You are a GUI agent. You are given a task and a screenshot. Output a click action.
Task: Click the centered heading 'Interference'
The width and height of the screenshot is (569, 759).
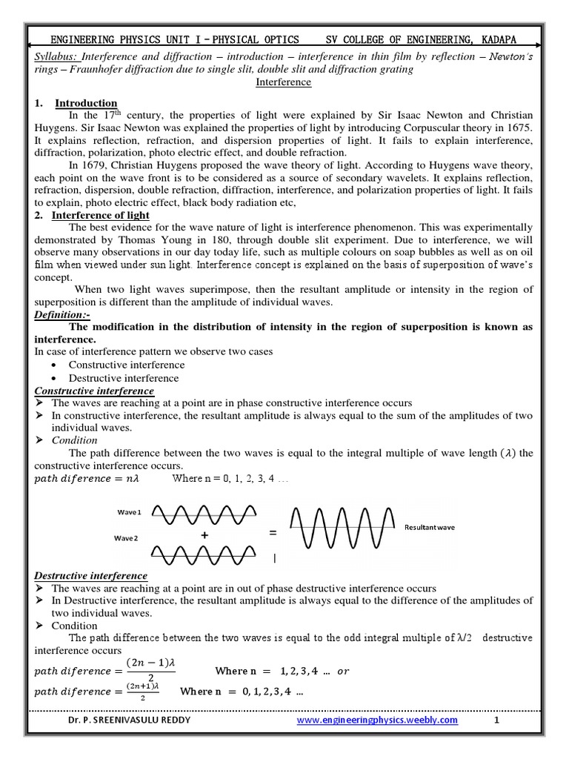(284, 82)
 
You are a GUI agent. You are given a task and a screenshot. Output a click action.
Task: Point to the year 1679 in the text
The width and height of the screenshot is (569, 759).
(107, 165)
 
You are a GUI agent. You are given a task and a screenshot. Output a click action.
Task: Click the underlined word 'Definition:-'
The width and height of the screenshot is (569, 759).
(63, 315)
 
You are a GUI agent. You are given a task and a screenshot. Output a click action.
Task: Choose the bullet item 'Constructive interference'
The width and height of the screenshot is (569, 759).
(127, 365)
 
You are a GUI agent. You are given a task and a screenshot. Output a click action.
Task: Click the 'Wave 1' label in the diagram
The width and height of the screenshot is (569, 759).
(129, 512)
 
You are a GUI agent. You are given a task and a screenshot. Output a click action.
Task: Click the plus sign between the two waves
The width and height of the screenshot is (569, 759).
(202, 535)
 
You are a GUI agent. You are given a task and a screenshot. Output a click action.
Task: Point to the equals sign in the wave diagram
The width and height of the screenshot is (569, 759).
(273, 533)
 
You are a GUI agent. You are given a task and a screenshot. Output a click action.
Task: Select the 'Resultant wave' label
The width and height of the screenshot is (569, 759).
(429, 527)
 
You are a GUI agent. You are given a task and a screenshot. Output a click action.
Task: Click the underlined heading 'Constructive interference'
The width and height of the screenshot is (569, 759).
(95, 391)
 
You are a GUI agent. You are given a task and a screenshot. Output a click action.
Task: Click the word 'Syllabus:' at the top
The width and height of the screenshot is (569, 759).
(57, 57)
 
